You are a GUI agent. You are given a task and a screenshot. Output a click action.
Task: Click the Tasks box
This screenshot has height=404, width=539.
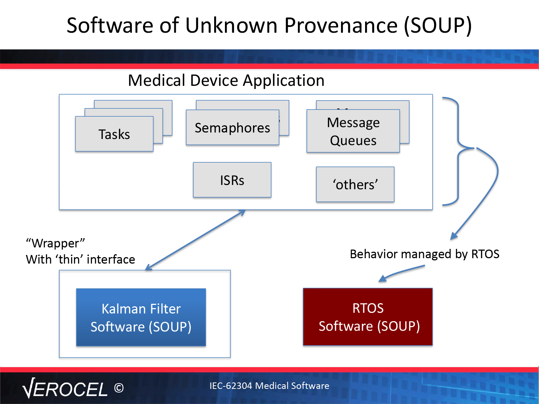click(114, 134)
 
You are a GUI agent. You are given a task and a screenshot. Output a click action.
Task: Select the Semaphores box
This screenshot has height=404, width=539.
click(232, 127)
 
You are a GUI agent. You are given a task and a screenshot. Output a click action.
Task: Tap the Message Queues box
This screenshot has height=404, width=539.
click(353, 131)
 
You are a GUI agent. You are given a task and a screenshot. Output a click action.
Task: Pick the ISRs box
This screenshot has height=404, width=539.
click(232, 180)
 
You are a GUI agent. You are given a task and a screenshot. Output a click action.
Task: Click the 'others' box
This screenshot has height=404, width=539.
click(355, 184)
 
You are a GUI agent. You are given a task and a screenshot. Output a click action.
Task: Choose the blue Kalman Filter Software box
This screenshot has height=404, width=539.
click(141, 317)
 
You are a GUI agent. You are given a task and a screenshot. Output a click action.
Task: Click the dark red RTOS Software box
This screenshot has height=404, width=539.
click(368, 317)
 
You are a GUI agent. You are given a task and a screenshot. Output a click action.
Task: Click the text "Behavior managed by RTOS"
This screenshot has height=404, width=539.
click(425, 254)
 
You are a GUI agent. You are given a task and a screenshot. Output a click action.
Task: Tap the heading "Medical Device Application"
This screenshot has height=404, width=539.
click(226, 80)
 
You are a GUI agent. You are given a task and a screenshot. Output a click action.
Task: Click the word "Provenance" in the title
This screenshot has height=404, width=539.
click(341, 25)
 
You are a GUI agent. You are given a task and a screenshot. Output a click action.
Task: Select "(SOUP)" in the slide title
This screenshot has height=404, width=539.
click(438, 26)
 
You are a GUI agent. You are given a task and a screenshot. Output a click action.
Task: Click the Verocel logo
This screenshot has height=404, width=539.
click(65, 388)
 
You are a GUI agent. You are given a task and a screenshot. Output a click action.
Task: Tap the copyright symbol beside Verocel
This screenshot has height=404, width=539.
click(119, 388)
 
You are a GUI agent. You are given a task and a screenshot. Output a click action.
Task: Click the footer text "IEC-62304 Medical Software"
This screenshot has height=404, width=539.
click(269, 386)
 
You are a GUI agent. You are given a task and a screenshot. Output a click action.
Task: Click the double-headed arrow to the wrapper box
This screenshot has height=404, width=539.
click(195, 240)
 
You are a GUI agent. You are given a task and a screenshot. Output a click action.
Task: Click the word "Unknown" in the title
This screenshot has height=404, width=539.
click(231, 25)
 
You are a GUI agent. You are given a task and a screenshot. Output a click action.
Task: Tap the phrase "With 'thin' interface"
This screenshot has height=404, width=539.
click(80, 260)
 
